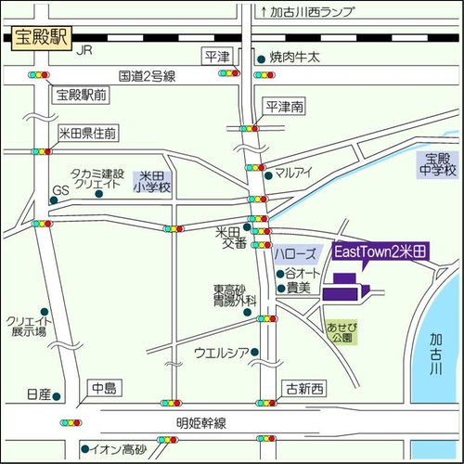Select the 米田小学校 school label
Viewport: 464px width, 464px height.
pos(152,182)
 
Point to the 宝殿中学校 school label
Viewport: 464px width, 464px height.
pos(437,164)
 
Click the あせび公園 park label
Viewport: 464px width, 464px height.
pos(340,332)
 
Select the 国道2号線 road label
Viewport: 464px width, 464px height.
pos(147,76)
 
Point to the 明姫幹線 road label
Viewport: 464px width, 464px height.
pos(201,423)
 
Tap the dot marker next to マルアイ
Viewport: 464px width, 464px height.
pos(268,174)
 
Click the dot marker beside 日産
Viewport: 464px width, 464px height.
pos(58,395)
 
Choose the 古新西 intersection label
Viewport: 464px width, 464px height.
pos(304,388)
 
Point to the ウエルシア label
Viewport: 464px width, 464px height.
pos(222,352)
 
